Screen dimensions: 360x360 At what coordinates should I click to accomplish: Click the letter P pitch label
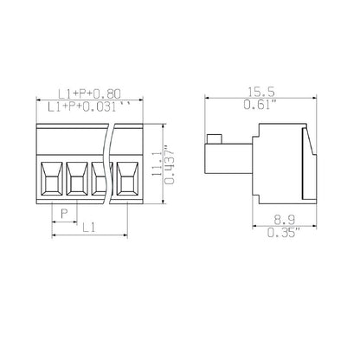pyautogui.click(x=62, y=213)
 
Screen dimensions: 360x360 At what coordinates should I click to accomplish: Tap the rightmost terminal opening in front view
pyautogui.click(x=128, y=180)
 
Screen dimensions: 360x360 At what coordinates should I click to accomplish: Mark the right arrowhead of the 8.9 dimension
pyautogui.click(x=306, y=228)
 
